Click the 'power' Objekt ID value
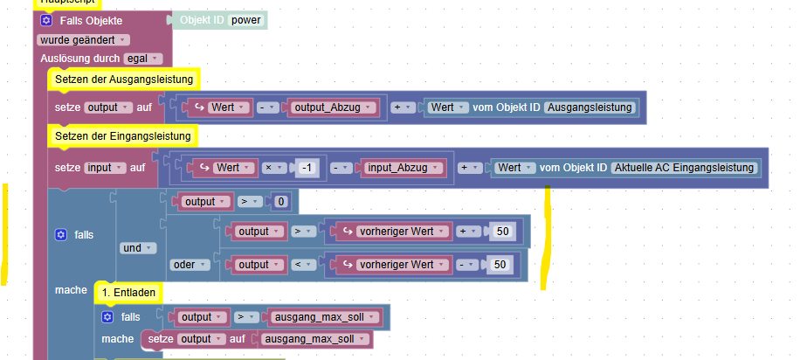tap(247, 19)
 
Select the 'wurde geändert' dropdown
tap(84, 39)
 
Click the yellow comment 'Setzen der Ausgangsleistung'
tap(123, 80)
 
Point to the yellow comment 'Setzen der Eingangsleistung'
tap(123, 136)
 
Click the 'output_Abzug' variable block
tap(333, 107)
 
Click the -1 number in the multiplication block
tap(307, 166)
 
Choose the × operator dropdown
tap(275, 166)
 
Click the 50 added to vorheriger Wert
tap(502, 232)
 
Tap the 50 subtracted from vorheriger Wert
tap(500, 264)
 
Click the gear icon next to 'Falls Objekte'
tap(46, 19)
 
